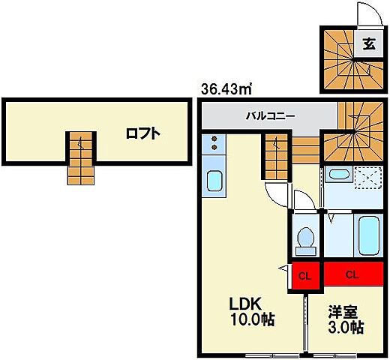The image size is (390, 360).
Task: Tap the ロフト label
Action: (x=142, y=135)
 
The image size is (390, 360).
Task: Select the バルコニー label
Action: (x=271, y=117)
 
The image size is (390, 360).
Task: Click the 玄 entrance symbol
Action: (x=370, y=44)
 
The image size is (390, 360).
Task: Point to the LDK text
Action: (x=244, y=304)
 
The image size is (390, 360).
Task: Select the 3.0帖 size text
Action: (x=346, y=327)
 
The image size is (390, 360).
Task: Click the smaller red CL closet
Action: (x=304, y=275)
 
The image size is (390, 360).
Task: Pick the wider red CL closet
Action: (x=352, y=275)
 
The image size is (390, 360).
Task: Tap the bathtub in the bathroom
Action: (x=369, y=236)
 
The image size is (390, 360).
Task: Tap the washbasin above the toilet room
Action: (x=338, y=177)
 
